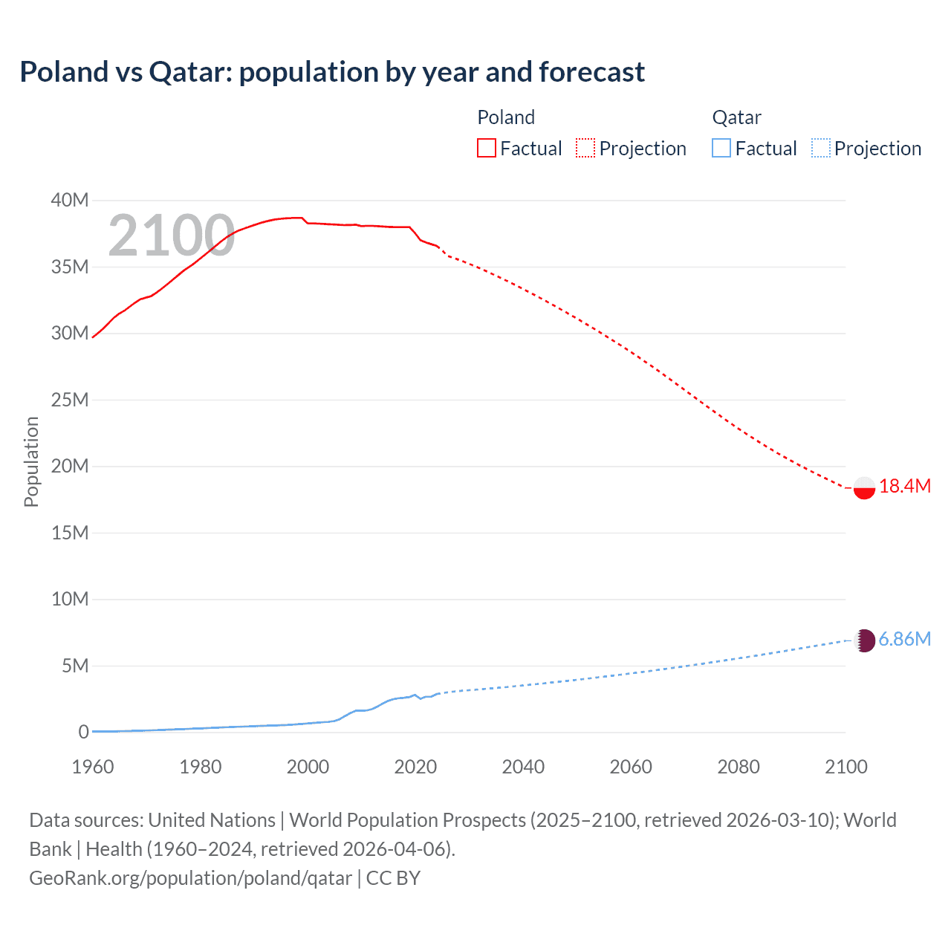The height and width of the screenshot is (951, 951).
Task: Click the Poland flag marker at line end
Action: click(864, 487)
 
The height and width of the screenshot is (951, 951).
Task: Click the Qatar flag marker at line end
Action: click(865, 640)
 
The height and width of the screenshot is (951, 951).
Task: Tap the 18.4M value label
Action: click(904, 487)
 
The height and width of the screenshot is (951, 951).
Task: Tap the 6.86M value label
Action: click(904, 640)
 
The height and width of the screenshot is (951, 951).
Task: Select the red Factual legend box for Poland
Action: click(486, 148)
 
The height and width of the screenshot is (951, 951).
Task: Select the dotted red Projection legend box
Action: click(585, 148)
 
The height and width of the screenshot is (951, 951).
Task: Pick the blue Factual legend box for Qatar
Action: click(721, 148)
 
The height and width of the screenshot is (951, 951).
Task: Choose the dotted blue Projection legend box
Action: click(820, 148)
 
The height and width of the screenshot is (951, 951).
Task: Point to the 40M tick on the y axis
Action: click(70, 201)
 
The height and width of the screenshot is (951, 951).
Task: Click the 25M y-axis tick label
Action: click(70, 400)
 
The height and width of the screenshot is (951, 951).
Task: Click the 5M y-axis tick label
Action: click(75, 666)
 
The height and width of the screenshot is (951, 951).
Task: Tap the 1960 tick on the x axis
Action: click(93, 767)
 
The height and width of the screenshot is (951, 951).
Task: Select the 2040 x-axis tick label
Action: click(523, 767)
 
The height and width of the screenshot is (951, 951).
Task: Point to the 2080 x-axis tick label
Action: click(739, 767)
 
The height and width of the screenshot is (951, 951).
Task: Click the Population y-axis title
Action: click(31, 461)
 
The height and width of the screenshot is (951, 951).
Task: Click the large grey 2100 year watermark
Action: click(172, 236)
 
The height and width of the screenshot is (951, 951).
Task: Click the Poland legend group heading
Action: click(506, 117)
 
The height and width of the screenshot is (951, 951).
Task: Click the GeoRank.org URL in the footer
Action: click(190, 878)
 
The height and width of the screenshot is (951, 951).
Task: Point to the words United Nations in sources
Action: click(212, 820)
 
